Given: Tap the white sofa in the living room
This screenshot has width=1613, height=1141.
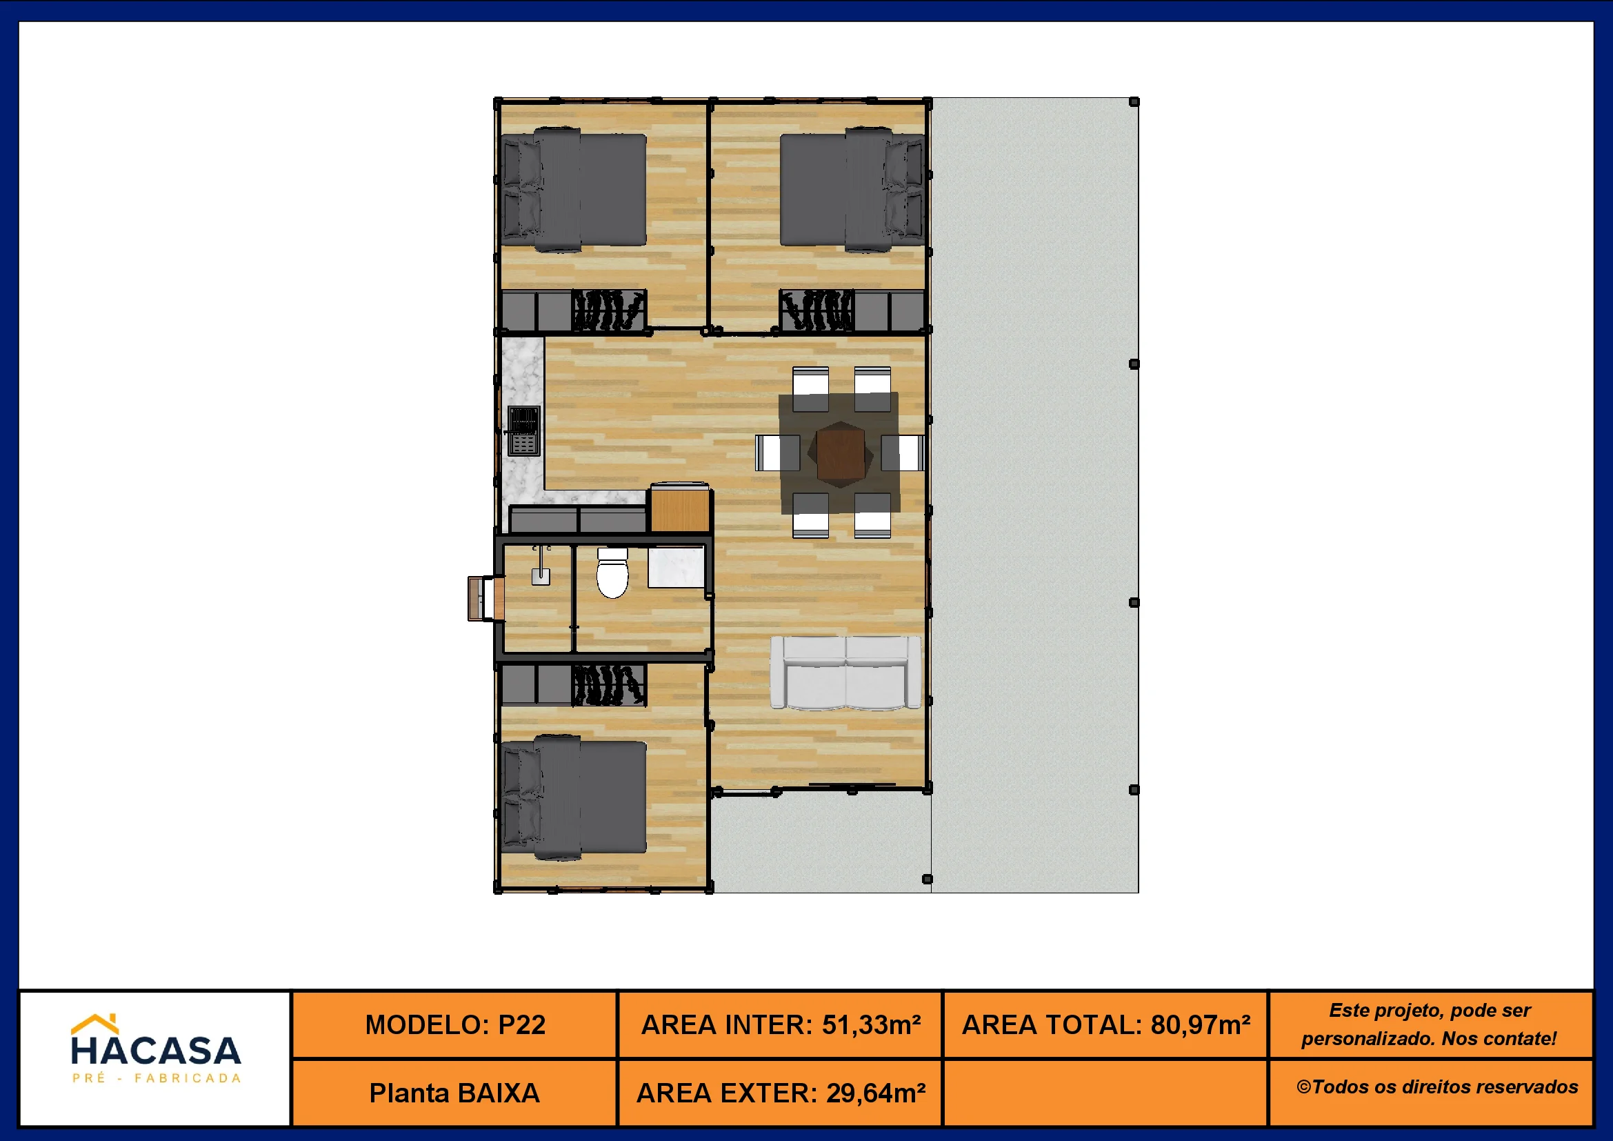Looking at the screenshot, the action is click(x=845, y=673).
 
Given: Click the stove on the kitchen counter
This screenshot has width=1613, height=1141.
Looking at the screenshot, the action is click(x=523, y=430).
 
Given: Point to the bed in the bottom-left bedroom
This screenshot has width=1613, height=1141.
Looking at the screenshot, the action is click(x=574, y=797).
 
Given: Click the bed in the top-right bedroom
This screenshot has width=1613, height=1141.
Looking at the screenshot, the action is click(x=852, y=189).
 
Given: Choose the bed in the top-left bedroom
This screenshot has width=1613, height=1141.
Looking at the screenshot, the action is click(x=574, y=189).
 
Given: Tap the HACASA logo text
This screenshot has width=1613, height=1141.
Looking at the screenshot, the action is click(x=156, y=1051).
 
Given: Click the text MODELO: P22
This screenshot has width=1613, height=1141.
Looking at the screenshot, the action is click(x=455, y=1025).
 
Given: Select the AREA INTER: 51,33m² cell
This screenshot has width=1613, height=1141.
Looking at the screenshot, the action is click(x=780, y=1025).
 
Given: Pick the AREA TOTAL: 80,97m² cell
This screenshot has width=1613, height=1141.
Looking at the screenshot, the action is click(x=1105, y=1025).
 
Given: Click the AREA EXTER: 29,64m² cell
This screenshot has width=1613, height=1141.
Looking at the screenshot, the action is click(x=780, y=1093).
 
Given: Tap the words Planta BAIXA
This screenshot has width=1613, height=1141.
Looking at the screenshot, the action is click(x=454, y=1093).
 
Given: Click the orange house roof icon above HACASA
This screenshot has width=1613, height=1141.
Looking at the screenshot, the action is click(x=95, y=1023).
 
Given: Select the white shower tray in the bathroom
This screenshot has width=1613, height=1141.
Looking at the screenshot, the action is click(x=676, y=567).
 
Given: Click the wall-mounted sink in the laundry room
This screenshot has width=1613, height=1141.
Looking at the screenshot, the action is click(x=540, y=568).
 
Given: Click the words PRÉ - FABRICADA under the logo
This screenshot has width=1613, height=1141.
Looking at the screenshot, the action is click(x=157, y=1078).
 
